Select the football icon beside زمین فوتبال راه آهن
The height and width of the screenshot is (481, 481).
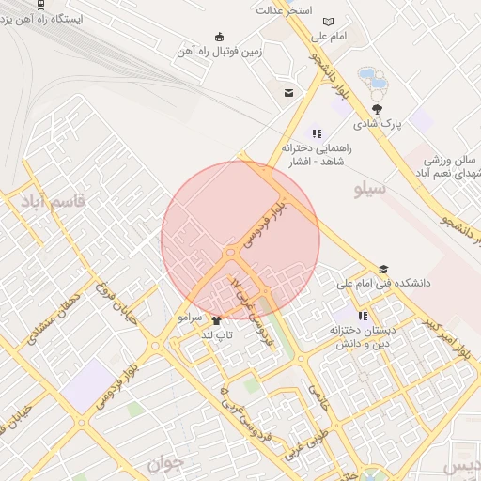click(220, 37)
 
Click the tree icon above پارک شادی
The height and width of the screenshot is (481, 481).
click(377, 109)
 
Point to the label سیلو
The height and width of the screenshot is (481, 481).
click(370, 191)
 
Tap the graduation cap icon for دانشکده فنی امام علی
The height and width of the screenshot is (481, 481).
click(382, 269)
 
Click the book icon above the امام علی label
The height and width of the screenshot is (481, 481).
click(328, 22)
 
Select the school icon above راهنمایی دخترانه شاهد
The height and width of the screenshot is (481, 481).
click(317, 133)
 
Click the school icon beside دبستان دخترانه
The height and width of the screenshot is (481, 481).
click(364, 317)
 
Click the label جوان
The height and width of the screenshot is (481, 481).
click(161, 462)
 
